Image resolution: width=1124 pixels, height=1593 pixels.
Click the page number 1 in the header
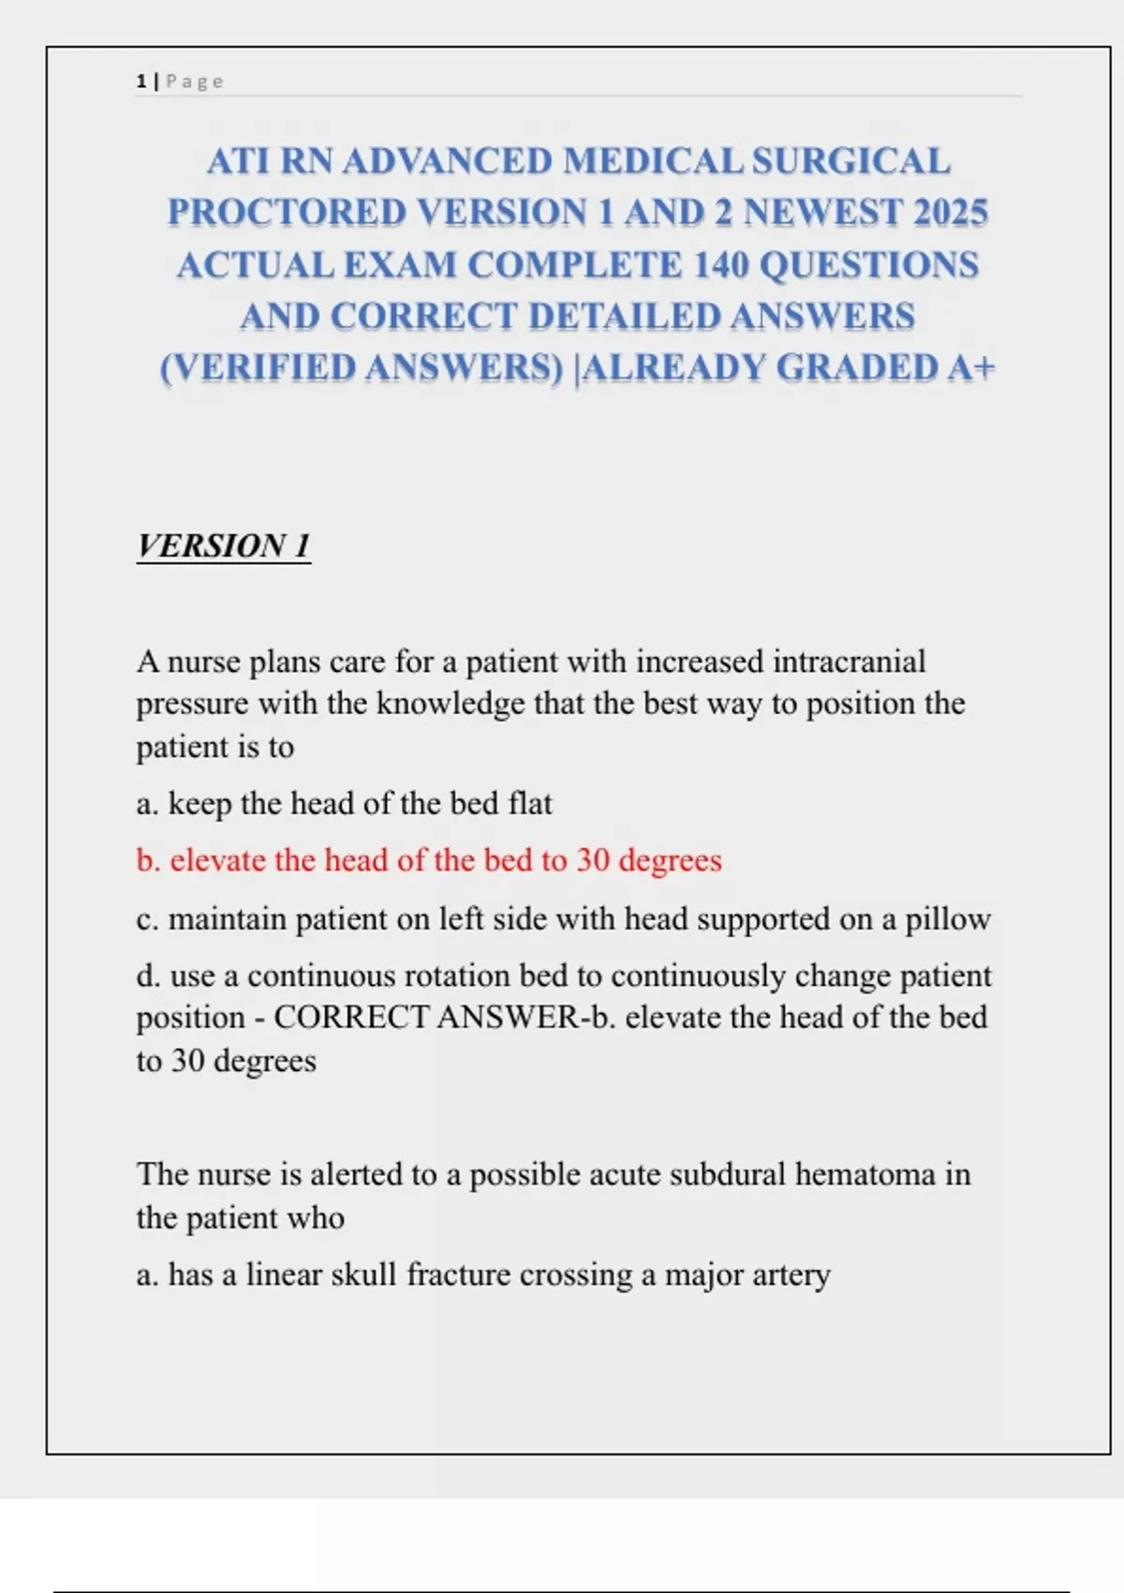coord(140,82)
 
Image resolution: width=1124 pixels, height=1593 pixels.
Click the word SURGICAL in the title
coord(850,161)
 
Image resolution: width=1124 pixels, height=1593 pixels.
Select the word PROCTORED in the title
coord(287,213)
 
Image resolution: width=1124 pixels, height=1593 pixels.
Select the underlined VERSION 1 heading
coord(223,545)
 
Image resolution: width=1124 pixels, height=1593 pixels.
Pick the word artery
coord(793,1275)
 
